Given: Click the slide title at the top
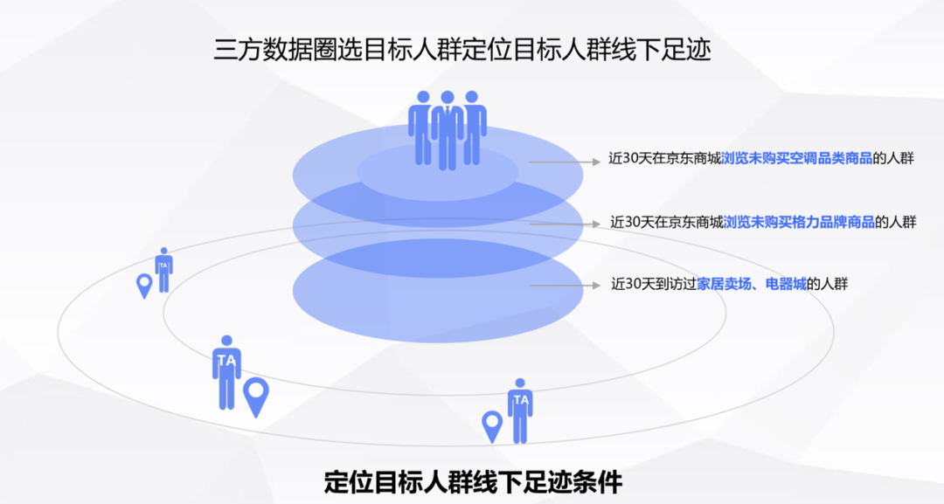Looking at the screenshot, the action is coord(462,49).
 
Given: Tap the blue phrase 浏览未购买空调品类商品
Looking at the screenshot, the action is coord(797,159).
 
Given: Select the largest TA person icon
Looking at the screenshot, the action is coord(226,371).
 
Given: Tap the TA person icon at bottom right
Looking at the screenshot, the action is coord(520,410).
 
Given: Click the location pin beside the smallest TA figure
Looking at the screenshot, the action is coord(144,286).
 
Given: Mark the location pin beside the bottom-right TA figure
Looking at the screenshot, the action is coord(493,426).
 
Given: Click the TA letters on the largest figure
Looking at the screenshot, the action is coord(226,360).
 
